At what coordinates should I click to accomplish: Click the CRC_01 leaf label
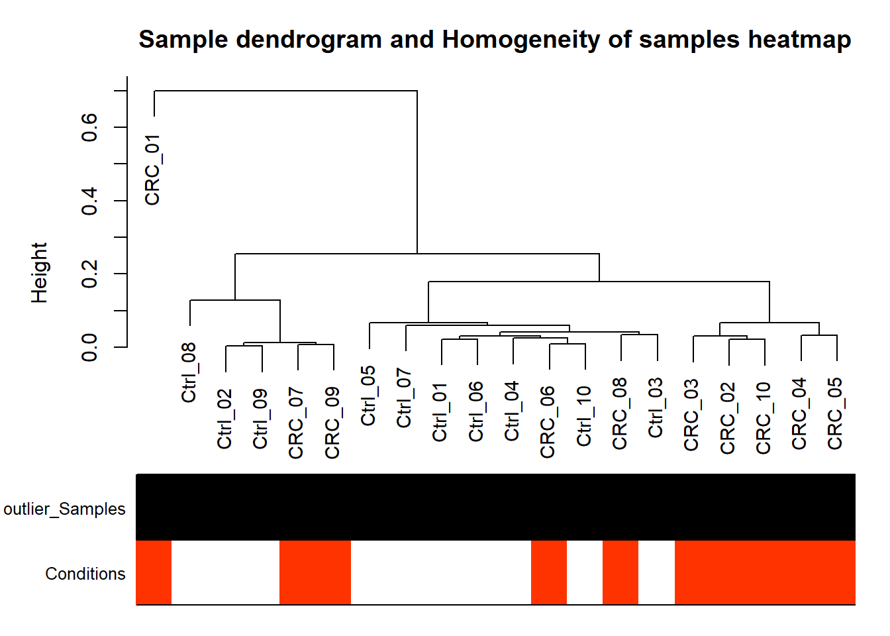[152, 170]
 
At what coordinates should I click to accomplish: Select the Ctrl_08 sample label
[189, 372]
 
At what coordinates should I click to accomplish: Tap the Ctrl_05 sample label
[368, 396]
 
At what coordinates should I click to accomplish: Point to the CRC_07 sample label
[296, 423]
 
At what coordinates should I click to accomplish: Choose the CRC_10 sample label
[764, 418]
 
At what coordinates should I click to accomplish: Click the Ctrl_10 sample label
[584, 416]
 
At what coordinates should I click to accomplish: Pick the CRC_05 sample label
[835, 413]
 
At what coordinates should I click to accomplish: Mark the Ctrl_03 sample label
[656, 407]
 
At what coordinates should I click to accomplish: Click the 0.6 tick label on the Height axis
[89, 127]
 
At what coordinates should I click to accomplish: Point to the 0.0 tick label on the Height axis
[89, 347]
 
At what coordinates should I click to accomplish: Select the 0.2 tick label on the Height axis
[89, 274]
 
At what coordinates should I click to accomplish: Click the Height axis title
[39, 273]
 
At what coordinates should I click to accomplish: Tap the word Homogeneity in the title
[521, 40]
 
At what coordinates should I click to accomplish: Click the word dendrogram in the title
[309, 40]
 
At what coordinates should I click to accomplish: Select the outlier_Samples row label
[64, 509]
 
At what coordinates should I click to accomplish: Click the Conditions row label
[85, 574]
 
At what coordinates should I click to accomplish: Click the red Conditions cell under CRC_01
[154, 572]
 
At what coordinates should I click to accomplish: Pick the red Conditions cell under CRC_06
[549, 572]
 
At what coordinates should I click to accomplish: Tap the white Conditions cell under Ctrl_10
[585, 572]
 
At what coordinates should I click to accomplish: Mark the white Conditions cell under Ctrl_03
[657, 572]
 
